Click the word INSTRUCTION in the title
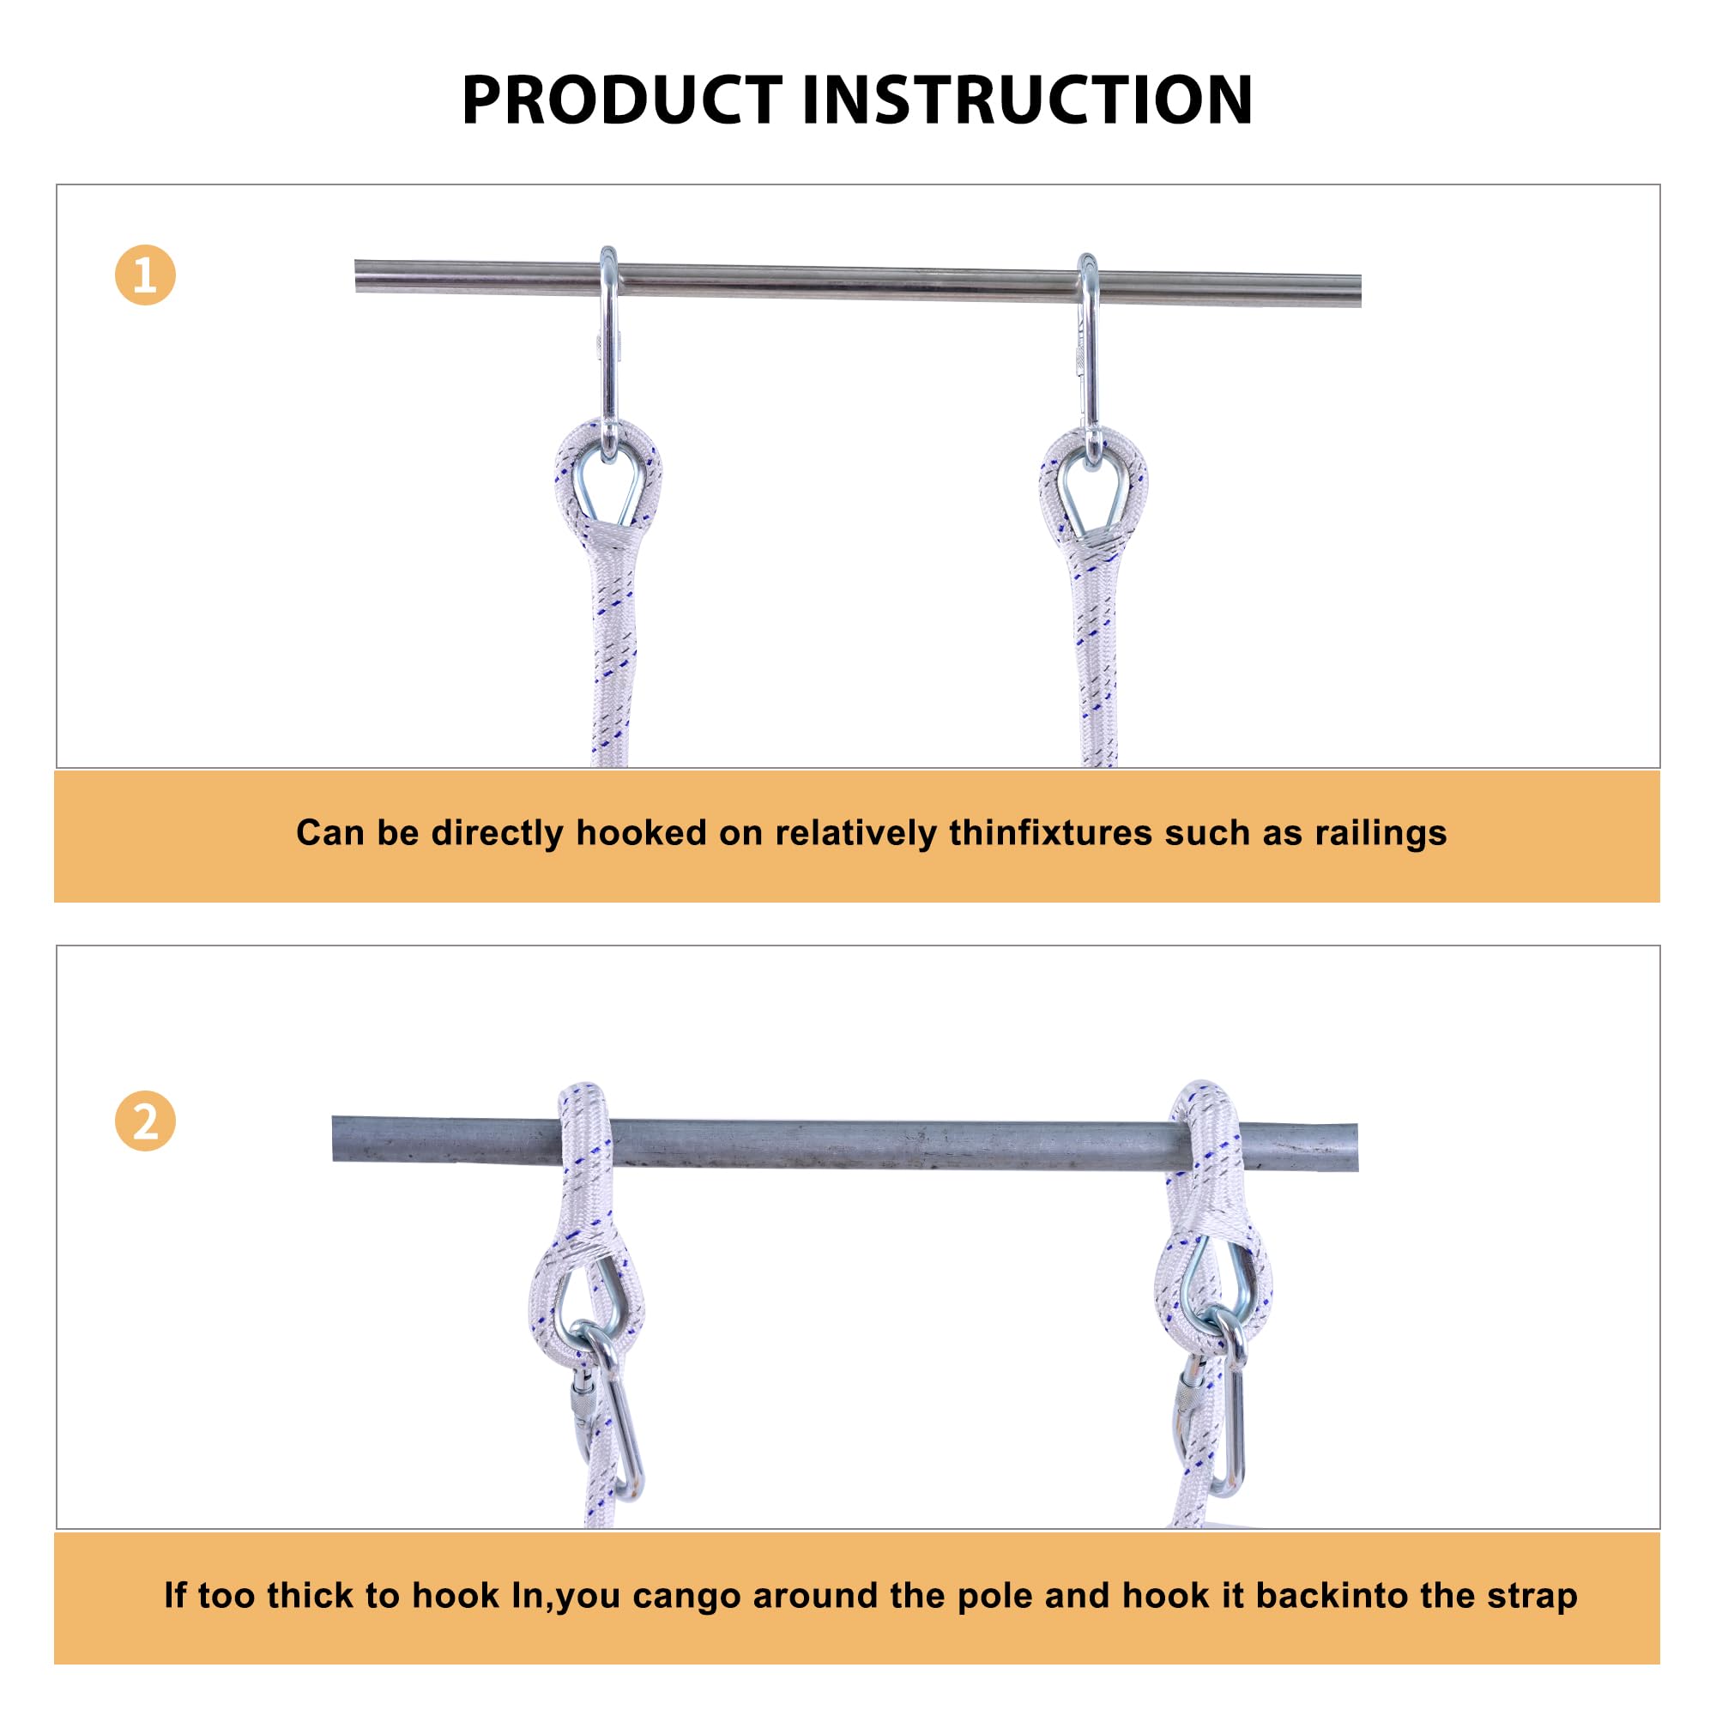coord(1027,100)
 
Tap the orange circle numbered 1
coord(145,275)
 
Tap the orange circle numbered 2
coord(145,1121)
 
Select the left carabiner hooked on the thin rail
coord(608,355)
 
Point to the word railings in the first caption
coord(1381,833)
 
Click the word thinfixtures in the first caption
coord(1050,832)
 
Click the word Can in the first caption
coord(328,832)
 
